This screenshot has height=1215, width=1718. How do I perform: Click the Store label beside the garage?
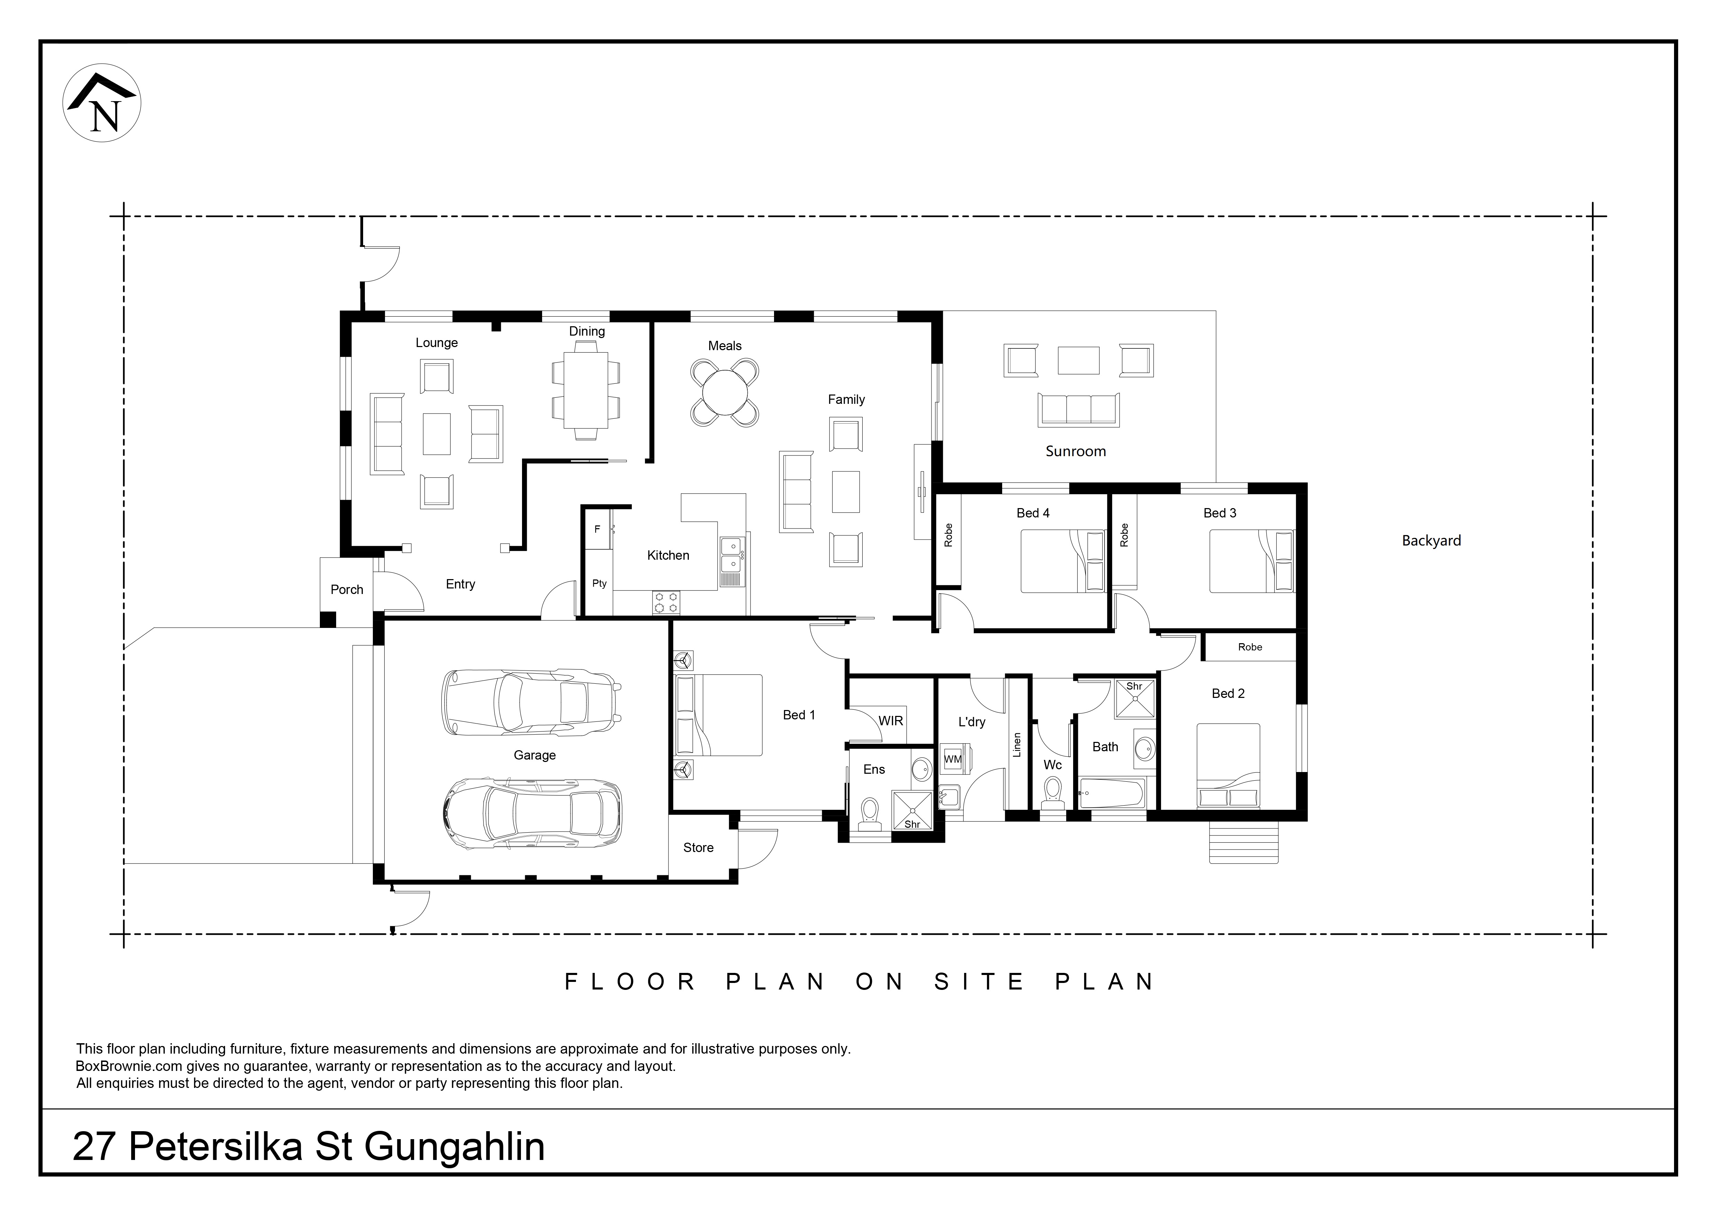pos(698,848)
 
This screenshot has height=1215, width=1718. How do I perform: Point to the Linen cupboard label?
pos(1016,745)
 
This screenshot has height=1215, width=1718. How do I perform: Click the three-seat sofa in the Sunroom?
pos(1078,410)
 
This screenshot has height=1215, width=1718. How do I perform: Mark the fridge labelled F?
pos(597,529)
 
